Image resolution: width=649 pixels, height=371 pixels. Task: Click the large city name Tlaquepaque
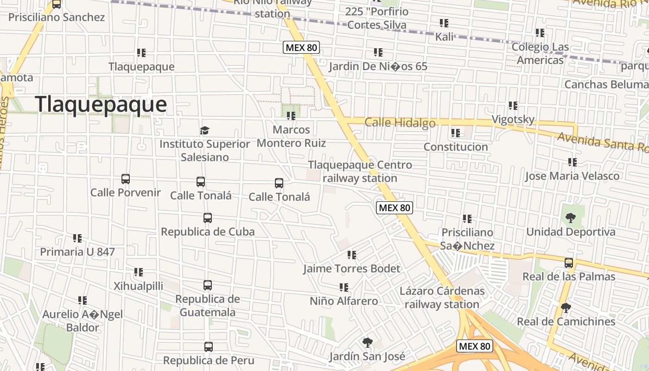(101, 104)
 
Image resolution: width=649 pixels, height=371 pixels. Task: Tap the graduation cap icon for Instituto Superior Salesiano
(204, 130)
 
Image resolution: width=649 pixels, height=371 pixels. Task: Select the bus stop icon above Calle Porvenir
(125, 179)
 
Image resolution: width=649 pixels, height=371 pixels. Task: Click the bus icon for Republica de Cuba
(207, 218)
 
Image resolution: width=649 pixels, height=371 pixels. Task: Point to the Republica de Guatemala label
(207, 305)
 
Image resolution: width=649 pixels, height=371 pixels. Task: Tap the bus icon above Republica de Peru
(208, 347)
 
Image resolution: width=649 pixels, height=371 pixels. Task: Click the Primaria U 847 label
(77, 252)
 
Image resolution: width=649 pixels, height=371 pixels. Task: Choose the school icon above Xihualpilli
(138, 272)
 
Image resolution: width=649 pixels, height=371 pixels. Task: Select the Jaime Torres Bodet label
(351, 269)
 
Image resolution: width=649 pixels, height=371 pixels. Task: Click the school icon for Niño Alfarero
(344, 288)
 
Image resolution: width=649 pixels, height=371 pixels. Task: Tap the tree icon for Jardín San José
(367, 343)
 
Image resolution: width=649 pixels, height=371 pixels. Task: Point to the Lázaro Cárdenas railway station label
(442, 298)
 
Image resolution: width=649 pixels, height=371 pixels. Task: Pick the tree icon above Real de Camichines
(566, 308)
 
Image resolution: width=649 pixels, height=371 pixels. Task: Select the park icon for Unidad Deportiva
(570, 217)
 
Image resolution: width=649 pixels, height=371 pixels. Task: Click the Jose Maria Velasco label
(572, 176)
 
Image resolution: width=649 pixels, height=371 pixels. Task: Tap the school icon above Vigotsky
(513, 106)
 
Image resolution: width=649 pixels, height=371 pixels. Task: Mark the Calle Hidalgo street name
(400, 122)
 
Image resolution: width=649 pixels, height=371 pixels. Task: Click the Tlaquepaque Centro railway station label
(360, 171)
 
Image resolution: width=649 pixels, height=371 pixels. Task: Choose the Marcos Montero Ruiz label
(291, 136)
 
